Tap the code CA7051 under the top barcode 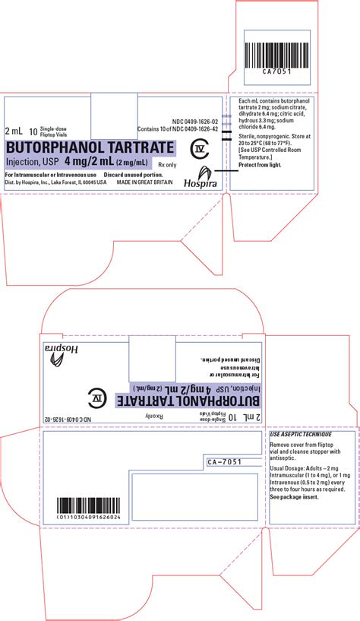276,71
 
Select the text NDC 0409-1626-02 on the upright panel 194,121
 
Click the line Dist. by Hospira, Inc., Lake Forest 51,183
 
